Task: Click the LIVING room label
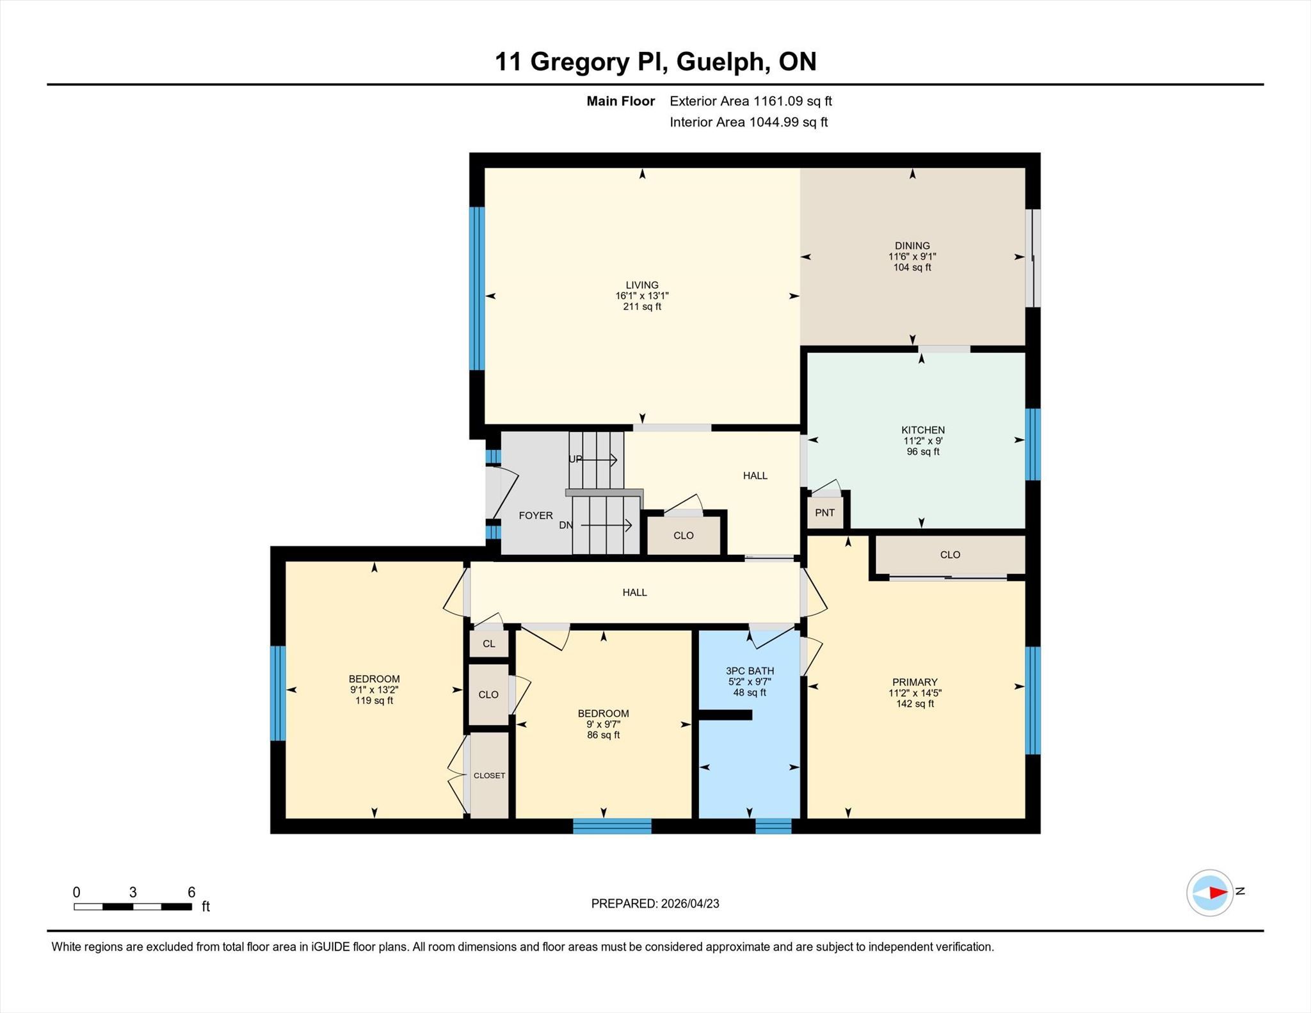(x=642, y=285)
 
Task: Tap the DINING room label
(x=912, y=246)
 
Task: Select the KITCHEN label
(x=923, y=430)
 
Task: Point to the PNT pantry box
(x=825, y=513)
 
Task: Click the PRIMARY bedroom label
(x=915, y=682)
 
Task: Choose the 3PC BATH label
(x=750, y=671)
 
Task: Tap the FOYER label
(x=536, y=515)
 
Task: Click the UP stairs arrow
(x=599, y=459)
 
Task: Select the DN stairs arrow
(x=606, y=525)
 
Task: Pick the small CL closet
(x=489, y=644)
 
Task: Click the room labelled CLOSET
(x=490, y=775)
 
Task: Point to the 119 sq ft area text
(x=374, y=701)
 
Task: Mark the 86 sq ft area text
(x=603, y=735)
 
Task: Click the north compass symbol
(x=1210, y=893)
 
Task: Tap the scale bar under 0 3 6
(x=133, y=906)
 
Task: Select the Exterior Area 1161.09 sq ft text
(x=751, y=101)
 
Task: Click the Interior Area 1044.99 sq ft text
(x=749, y=122)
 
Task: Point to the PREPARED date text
(x=655, y=904)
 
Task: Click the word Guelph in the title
(x=723, y=62)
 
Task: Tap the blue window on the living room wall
(x=477, y=289)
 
